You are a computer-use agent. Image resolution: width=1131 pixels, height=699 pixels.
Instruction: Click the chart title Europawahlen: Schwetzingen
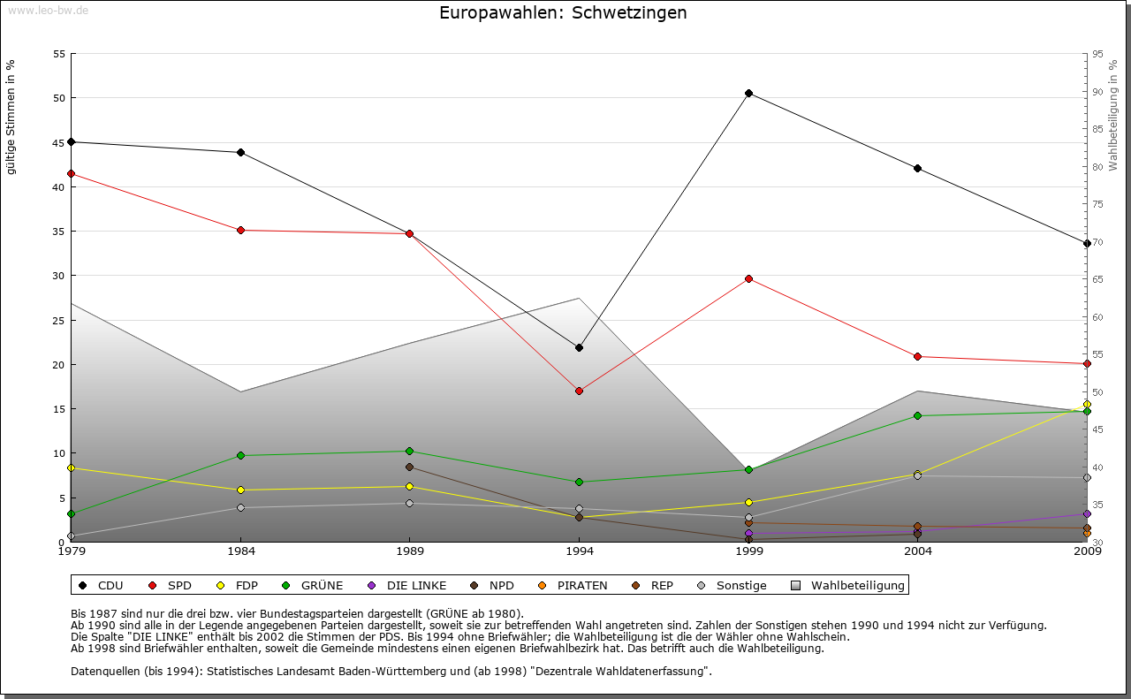coord(563,13)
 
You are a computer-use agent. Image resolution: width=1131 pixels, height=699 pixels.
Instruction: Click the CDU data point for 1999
coord(748,93)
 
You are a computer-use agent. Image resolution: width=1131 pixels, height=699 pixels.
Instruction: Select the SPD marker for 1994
coord(579,391)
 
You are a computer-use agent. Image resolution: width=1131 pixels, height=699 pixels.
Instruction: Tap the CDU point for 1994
coord(579,347)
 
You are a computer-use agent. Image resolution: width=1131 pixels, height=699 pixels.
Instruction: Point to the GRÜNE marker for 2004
coord(918,415)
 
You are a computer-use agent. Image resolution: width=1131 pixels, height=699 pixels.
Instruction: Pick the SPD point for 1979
coord(71,173)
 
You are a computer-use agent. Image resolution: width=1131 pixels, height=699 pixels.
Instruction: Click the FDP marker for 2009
coord(1087,404)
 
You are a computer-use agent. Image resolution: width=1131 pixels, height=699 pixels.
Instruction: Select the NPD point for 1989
coord(409,467)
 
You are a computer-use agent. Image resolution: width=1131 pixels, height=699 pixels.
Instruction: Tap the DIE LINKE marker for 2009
coord(1087,513)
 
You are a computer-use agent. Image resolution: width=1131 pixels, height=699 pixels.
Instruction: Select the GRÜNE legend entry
coord(315,585)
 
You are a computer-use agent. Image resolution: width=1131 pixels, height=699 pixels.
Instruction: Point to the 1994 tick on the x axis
coord(580,552)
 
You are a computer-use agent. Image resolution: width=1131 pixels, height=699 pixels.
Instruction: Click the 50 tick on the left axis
coord(59,98)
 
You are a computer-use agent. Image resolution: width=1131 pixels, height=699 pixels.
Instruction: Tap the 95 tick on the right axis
coord(1097,54)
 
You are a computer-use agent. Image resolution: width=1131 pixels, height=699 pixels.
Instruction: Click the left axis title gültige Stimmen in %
coord(11,117)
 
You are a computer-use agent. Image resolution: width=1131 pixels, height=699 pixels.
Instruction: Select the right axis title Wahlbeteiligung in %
coord(1113,116)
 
